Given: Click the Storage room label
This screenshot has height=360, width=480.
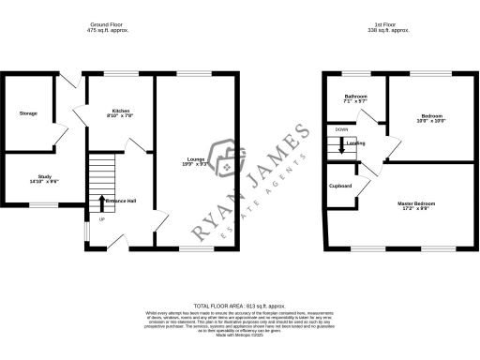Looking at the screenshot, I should (x=28, y=113).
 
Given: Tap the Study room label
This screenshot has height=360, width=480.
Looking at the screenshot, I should (x=44, y=175).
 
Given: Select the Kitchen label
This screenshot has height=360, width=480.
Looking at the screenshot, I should (x=120, y=111).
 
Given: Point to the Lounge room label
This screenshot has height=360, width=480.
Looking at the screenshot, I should (x=196, y=158).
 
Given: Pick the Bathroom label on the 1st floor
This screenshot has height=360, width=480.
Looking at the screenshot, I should (x=355, y=97).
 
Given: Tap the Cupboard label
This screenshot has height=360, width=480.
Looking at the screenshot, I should (x=340, y=186).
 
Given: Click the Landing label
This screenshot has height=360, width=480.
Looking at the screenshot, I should (x=355, y=143).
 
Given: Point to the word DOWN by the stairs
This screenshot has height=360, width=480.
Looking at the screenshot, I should (x=341, y=129).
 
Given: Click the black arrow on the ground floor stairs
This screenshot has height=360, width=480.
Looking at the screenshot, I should (x=102, y=202).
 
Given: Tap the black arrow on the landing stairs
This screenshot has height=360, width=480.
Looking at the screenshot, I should (x=341, y=145).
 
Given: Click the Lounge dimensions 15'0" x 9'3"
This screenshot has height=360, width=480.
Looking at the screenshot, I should (x=196, y=164).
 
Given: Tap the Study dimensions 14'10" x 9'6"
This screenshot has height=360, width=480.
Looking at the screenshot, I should (x=44, y=181).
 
